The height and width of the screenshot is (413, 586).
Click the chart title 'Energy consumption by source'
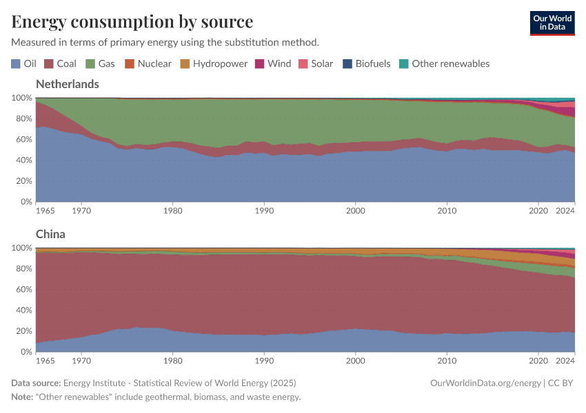point(132,21)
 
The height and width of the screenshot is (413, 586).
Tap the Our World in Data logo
point(552,23)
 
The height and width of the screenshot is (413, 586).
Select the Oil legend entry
point(24,63)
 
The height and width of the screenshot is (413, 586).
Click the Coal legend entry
point(60,63)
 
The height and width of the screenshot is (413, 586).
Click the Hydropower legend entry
point(213,63)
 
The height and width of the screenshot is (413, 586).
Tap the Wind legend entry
point(273,63)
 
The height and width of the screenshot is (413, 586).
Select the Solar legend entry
point(315,63)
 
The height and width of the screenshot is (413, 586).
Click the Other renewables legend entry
point(444,63)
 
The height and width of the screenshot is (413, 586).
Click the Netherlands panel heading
point(67,84)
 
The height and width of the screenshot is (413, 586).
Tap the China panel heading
point(50,234)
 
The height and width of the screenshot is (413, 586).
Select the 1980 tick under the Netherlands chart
point(172,211)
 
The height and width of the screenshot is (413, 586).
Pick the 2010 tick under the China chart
point(447,361)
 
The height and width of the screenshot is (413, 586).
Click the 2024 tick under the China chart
point(565,361)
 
